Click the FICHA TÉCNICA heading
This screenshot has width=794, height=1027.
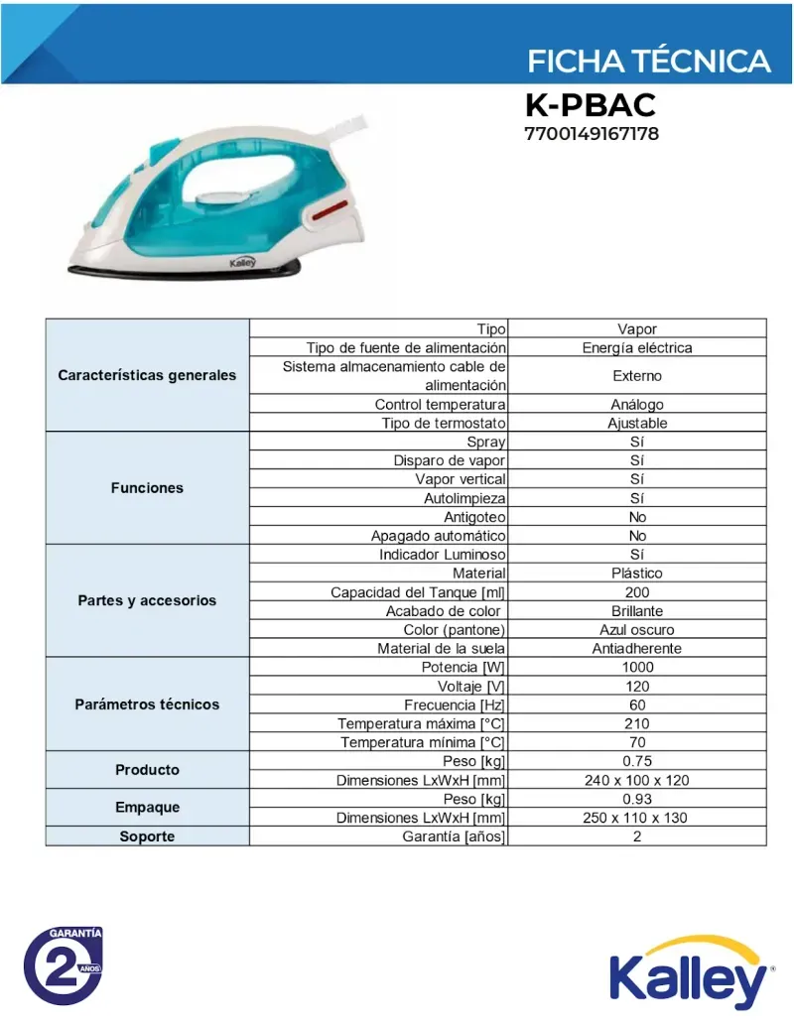point(648,62)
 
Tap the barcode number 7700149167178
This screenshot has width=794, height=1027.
point(592,133)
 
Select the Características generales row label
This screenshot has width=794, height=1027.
point(147,375)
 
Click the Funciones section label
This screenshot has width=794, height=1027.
point(147,488)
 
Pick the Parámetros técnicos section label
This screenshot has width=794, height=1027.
point(147,705)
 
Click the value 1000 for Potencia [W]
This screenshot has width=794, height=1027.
point(637,668)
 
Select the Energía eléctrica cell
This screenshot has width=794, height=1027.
point(637,348)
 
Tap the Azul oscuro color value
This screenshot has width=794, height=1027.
point(637,630)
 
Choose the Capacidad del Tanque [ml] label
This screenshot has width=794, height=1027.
point(418,592)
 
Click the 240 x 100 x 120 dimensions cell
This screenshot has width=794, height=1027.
point(637,781)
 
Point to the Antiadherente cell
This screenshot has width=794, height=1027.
point(637,649)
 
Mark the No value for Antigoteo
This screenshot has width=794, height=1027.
point(637,517)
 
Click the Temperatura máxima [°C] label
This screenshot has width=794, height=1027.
point(422,724)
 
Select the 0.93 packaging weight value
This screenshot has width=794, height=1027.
point(637,800)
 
